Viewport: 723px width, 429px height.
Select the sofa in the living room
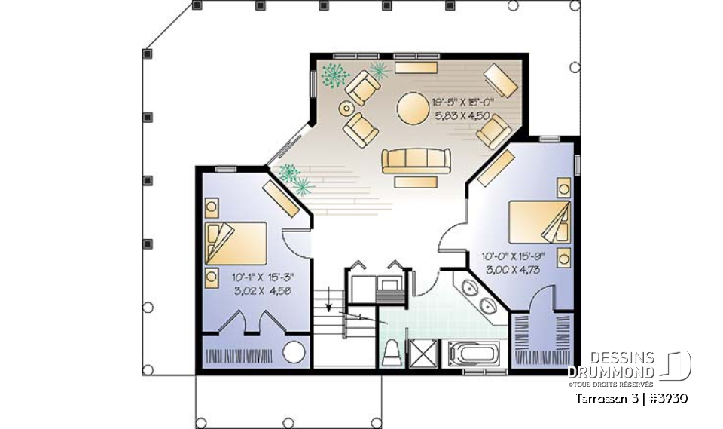point(416,161)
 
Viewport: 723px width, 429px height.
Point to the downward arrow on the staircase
point(330,306)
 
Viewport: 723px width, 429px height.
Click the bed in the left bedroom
point(235,243)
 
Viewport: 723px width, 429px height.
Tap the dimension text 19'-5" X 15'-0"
point(461,101)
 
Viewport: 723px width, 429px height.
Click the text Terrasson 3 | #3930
point(630,397)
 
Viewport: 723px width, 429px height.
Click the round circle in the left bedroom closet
point(294,354)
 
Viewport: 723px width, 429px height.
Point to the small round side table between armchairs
point(346,109)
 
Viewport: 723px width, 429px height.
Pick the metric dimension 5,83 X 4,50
point(462,116)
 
